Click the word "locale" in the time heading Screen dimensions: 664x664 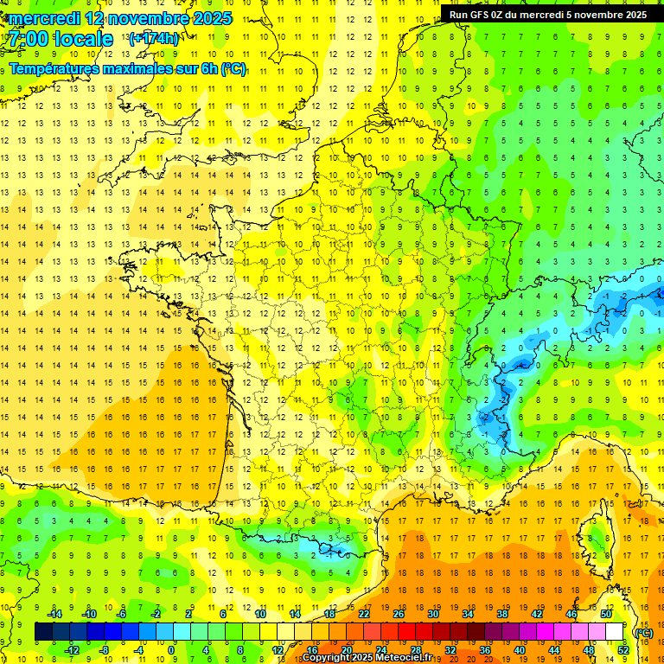[82, 39]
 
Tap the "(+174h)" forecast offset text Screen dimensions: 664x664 [153, 38]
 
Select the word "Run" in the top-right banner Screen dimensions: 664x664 [458, 15]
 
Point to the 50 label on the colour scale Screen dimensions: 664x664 [606, 613]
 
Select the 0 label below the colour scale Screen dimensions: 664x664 [171, 649]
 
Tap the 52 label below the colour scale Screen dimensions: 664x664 [622, 649]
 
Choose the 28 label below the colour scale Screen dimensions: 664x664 [415, 649]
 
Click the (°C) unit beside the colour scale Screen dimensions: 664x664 [644, 633]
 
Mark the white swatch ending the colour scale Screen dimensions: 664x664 [615, 632]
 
